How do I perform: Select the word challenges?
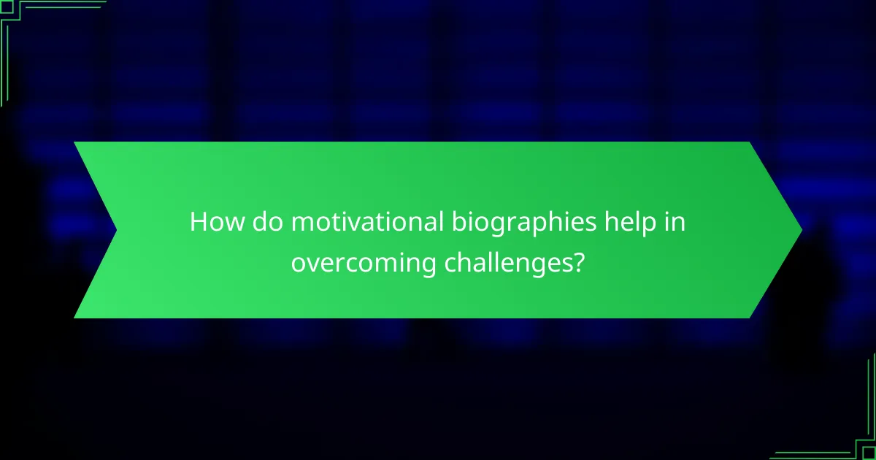[x=505, y=264]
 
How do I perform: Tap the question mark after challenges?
[x=578, y=262]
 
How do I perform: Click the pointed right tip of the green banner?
[x=800, y=230]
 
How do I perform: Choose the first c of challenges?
[x=450, y=264]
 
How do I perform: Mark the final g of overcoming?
[x=429, y=267]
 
